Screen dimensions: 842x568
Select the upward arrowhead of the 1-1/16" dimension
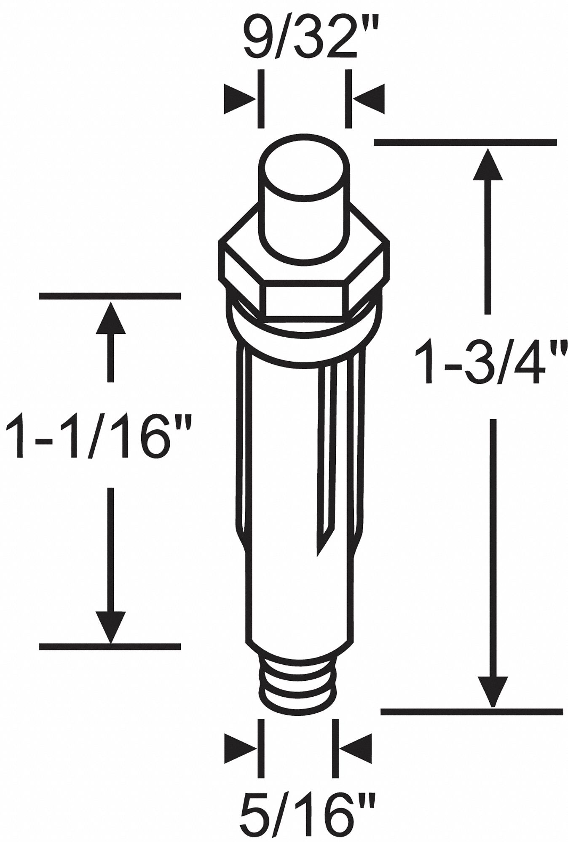[x=110, y=318]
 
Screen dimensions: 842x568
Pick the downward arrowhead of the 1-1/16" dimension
[x=110, y=627]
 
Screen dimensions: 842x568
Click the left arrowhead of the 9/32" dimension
[x=239, y=99]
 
